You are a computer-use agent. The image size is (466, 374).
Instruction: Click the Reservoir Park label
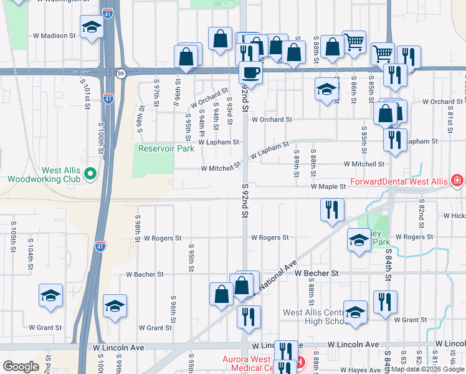[161, 148]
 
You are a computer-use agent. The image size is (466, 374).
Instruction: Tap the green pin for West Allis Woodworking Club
[91, 173]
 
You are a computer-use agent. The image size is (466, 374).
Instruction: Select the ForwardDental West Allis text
[398, 181]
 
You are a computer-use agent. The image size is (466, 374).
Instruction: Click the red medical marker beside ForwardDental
[457, 181]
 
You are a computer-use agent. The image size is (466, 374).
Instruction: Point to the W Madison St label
[54, 36]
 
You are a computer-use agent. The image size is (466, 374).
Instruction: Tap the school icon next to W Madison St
[92, 27]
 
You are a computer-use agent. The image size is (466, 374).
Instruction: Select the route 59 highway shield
[120, 73]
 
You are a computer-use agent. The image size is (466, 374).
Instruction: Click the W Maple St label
[328, 186]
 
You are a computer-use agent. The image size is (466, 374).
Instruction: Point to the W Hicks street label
[454, 216]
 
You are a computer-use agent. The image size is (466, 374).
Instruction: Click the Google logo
[21, 366]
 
